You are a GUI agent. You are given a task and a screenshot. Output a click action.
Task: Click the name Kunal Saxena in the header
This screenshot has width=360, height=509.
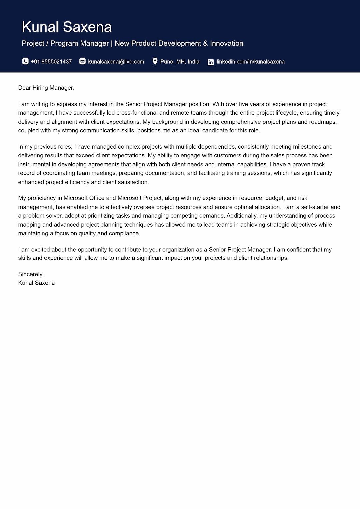pos(67,27)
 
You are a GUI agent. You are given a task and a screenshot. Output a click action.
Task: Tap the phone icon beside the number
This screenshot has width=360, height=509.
pos(25,61)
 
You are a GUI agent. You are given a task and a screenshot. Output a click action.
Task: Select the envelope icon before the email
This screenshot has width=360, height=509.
pos(82,61)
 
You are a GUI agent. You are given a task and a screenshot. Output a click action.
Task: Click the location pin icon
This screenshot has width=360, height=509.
pos(155,61)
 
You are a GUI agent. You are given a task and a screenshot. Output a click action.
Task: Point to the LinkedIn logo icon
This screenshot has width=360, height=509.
pos(211,62)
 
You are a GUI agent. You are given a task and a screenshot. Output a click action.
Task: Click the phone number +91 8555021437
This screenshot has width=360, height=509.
pos(51,62)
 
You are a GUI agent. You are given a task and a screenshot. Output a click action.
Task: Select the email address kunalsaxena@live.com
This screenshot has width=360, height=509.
pos(116,62)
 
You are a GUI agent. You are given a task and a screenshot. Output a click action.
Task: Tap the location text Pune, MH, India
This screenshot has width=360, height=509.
pos(180,62)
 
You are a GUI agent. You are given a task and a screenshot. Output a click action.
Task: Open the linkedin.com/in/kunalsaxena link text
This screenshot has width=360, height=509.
pos(250,62)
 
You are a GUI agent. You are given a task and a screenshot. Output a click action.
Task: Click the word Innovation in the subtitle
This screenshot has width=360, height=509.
pos(226,43)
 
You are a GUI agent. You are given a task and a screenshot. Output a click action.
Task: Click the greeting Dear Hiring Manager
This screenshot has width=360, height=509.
pos(46,88)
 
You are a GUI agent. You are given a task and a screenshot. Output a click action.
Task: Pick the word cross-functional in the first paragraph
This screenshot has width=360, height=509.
pos(137,113)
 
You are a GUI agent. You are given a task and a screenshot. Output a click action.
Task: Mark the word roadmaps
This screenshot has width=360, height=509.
pos(322,122)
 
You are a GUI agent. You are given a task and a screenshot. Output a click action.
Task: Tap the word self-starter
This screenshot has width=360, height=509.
pos(315,207)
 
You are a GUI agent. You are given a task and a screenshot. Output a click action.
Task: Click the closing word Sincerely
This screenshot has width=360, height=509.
pos(30,274)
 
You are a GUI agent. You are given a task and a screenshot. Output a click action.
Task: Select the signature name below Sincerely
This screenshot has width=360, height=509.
pos(36,283)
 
